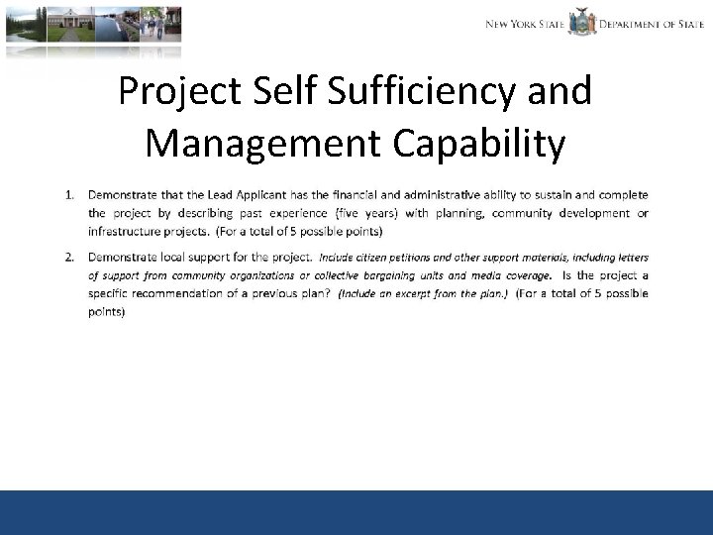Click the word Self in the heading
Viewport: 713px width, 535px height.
tap(278, 92)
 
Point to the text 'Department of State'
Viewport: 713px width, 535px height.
tap(651, 24)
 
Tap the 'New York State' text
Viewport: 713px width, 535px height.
tap(525, 24)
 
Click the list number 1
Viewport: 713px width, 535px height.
tap(69, 194)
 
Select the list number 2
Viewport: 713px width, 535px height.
tap(69, 257)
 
